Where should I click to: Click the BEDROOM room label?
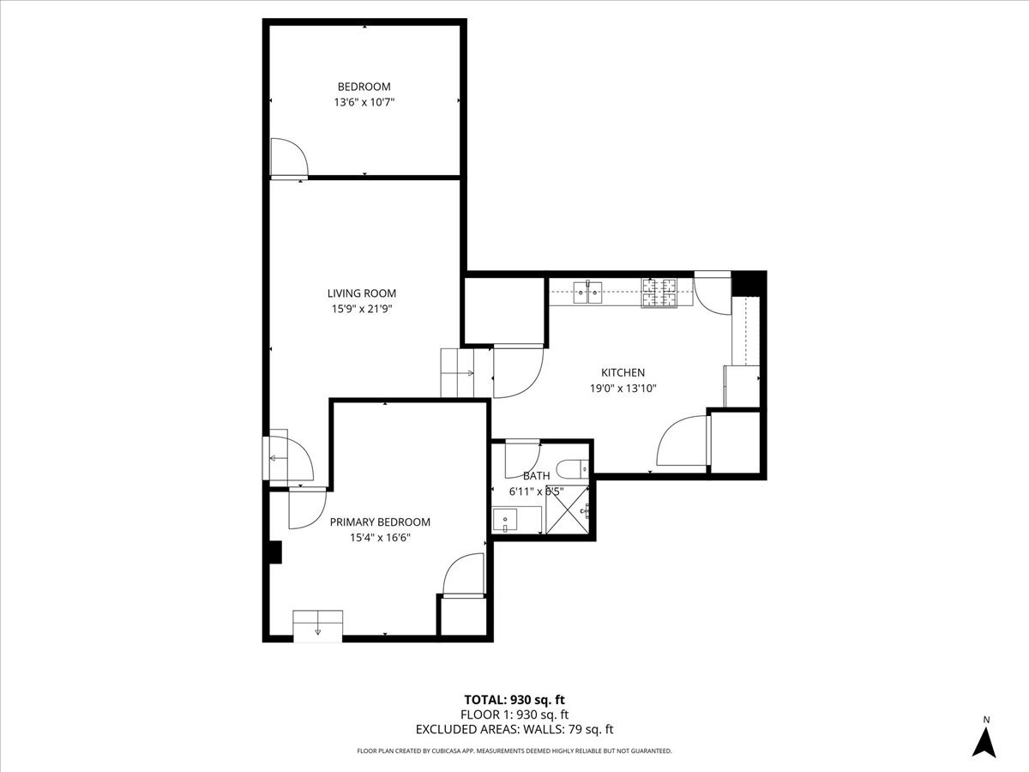(x=364, y=87)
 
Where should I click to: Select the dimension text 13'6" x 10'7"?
(x=364, y=102)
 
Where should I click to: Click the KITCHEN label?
(x=623, y=372)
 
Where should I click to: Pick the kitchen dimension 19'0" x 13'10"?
(x=623, y=388)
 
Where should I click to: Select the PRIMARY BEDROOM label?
(x=380, y=522)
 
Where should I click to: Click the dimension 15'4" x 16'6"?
(x=380, y=538)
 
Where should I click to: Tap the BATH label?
(x=537, y=475)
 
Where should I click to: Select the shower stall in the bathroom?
(x=569, y=512)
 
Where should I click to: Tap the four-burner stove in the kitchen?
(x=659, y=293)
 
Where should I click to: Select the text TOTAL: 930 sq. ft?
(x=514, y=699)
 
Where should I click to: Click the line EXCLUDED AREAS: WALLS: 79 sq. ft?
(x=514, y=730)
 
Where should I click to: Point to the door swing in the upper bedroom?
(x=289, y=159)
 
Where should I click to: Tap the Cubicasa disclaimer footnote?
(x=514, y=751)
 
